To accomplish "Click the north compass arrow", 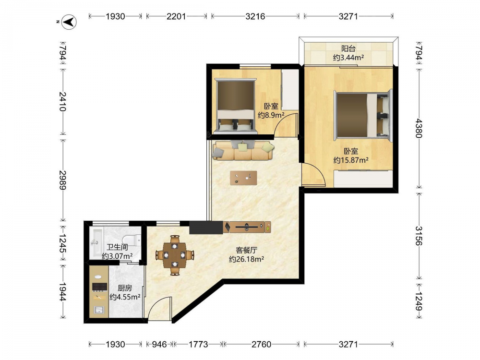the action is coord(69,22).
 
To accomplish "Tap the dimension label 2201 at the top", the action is coord(176,16).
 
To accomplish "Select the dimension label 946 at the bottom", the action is coord(159,344).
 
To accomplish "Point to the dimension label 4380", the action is coord(419,128).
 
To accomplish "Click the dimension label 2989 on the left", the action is coord(62,180).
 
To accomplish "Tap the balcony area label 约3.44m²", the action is coord(348,57).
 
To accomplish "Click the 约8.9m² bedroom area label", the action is coord(271,115).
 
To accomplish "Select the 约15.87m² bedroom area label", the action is coord(351,160).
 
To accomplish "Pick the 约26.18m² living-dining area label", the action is coord(247,259).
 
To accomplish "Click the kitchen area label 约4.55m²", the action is coord(125,297).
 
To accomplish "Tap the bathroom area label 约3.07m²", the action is coord(117,256).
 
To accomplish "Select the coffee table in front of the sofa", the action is coord(243,178).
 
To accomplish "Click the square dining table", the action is coord(175,255).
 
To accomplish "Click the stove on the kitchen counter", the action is coord(99,287).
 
